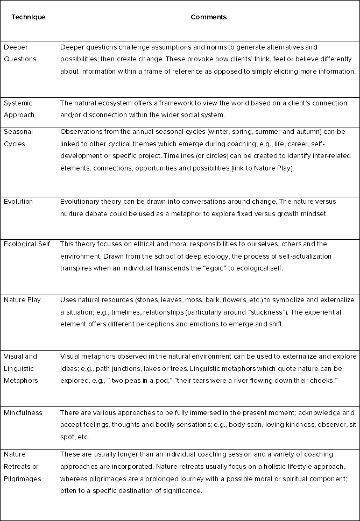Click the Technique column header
pos(29,17)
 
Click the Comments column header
pos(209,17)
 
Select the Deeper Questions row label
pos(20,53)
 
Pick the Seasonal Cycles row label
pos(18,138)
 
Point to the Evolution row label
pos(18,202)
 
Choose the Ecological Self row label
pos(27,244)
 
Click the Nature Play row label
pos(22,299)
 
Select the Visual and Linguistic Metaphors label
pos(21,368)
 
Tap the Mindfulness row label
pos(23,413)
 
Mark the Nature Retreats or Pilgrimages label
pos(23,467)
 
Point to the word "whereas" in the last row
pos(75,479)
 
